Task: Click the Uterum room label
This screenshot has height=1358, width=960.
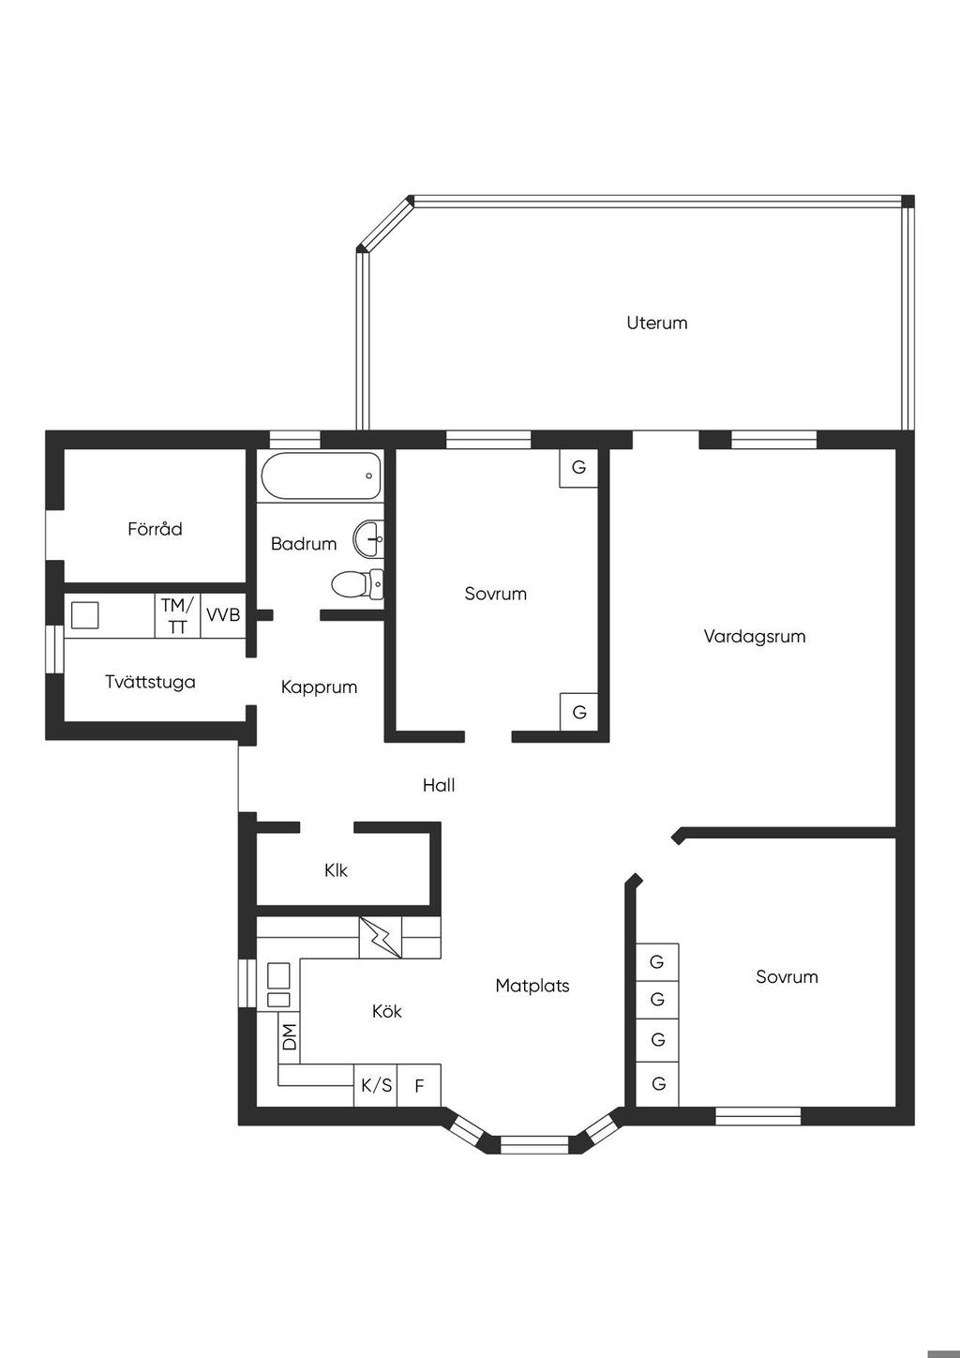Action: pos(657,323)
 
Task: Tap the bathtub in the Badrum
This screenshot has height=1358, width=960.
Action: pos(321,475)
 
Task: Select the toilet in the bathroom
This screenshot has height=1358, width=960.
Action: pos(357,584)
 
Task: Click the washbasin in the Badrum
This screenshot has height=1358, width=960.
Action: pos(368,538)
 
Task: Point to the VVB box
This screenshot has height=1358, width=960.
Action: pos(223,614)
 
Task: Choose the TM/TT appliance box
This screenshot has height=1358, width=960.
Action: pos(177,614)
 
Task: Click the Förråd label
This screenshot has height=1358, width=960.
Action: pos(155,529)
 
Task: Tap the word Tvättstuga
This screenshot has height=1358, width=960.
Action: pos(150,682)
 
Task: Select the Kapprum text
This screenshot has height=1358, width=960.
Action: pos(319,687)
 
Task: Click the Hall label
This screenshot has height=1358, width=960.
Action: pos(439,785)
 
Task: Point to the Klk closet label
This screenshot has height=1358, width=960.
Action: pos(336,870)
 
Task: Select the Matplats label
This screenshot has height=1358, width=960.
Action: pos(532,986)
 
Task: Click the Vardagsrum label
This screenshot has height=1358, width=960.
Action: pos(755,637)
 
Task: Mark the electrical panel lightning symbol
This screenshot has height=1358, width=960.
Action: pos(381,937)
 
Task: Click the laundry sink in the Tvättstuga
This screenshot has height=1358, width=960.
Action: pos(85,614)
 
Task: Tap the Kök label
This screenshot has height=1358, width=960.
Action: pos(386,1011)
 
